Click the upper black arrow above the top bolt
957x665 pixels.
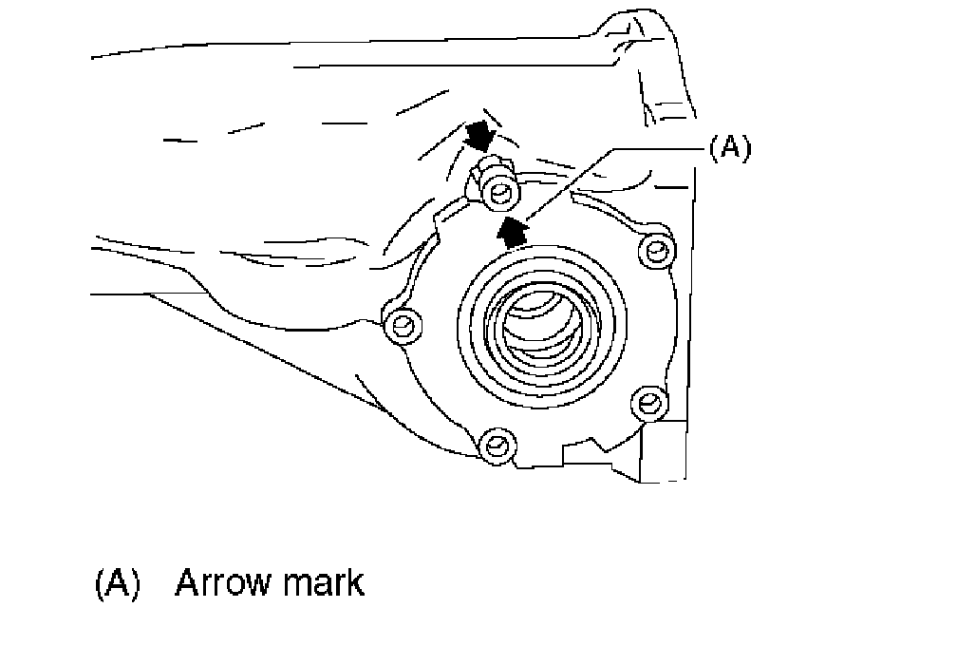click(481, 136)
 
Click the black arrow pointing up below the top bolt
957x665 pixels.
click(512, 230)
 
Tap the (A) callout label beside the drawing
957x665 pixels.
click(728, 148)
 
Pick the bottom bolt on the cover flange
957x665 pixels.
click(497, 444)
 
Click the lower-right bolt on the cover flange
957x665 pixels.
click(648, 403)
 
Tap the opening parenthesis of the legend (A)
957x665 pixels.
click(101, 582)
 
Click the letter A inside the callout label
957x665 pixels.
click(728, 148)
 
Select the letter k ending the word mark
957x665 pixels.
click(354, 581)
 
